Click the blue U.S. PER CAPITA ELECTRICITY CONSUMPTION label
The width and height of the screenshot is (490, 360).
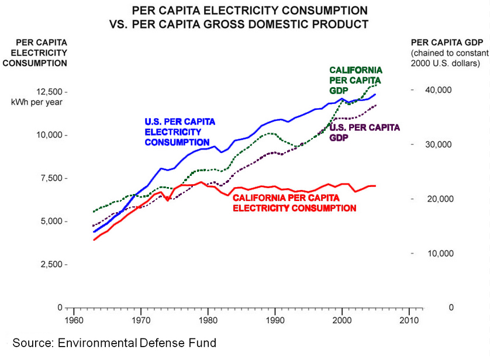tap(180, 131)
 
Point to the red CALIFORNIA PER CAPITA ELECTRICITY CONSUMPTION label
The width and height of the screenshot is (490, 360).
tap(295, 202)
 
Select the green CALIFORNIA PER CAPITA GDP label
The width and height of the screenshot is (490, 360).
tap(355, 81)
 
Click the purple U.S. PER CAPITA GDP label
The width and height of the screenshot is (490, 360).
tap(365, 131)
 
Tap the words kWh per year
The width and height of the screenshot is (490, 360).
tap(37, 102)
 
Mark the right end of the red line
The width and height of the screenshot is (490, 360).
tap(375, 186)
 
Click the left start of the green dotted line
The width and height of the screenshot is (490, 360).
tap(94, 212)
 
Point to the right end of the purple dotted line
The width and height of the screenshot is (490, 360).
tap(376, 105)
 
